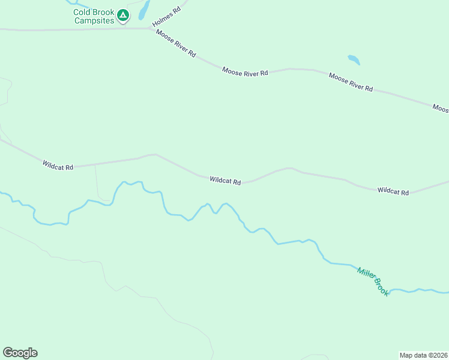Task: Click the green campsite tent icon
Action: tap(123, 14)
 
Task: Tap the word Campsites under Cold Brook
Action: tap(94, 20)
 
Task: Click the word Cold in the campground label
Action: tap(82, 12)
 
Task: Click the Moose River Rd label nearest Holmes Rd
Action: tap(176, 43)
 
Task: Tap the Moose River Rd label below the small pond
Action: tap(351, 82)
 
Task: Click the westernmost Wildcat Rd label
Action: tap(58, 165)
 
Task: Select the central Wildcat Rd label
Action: tap(225, 181)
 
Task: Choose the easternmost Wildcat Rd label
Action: tap(393, 192)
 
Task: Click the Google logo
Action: tap(20, 353)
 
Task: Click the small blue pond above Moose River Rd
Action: tap(354, 59)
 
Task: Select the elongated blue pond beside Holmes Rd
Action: tap(144, 10)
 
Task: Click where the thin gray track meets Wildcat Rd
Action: tap(95, 163)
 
